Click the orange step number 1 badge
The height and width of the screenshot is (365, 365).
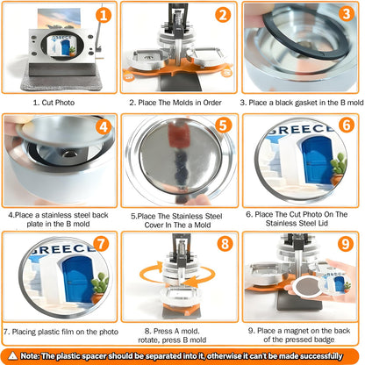tap(104, 15)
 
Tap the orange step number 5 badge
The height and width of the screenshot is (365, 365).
tap(223, 125)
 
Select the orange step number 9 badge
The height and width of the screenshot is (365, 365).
tap(346, 244)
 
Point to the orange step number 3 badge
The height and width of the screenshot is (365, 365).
tap(347, 14)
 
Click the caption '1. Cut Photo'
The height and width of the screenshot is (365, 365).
tap(54, 103)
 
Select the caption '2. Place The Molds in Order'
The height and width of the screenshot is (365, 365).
tap(175, 103)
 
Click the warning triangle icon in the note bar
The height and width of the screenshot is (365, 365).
tap(12, 355)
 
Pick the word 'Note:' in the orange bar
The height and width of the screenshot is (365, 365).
tap(30, 356)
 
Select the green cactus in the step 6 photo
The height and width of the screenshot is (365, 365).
tap(339, 164)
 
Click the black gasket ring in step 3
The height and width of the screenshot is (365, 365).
tap(304, 36)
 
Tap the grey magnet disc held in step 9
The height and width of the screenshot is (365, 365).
tap(307, 287)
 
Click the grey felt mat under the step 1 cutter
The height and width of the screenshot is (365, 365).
tap(62, 82)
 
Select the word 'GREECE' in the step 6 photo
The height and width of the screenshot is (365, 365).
tap(301, 129)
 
